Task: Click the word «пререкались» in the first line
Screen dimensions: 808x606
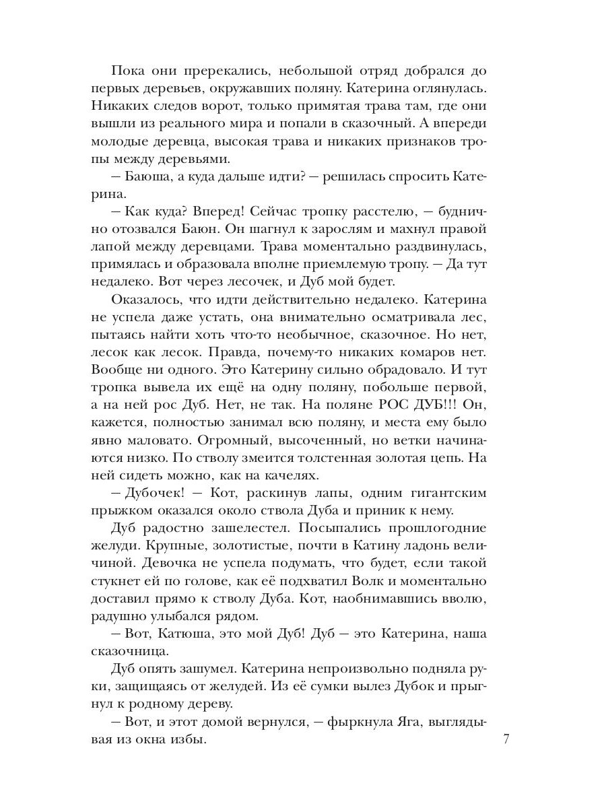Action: pos(206,71)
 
